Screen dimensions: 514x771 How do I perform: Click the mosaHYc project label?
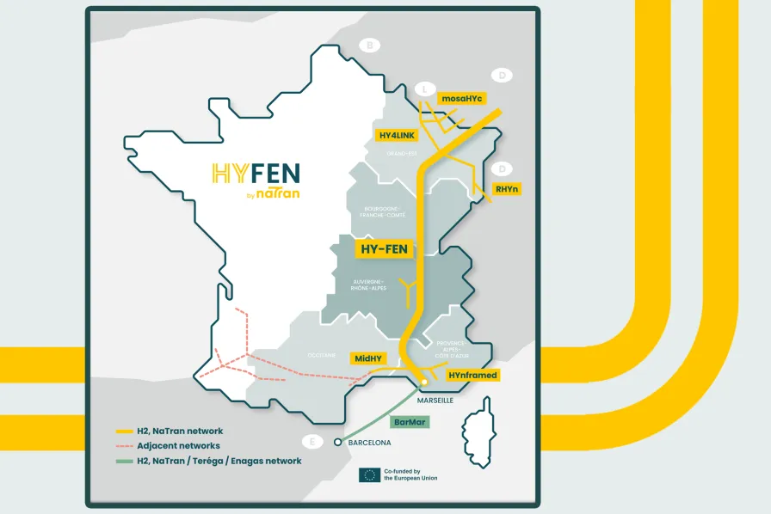pos(462,99)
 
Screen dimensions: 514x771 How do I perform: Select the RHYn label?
pos(507,188)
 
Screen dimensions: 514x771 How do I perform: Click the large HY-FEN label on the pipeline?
pos(385,248)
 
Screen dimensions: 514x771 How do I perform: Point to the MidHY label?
pos(370,358)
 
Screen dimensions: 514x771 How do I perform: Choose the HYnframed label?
pos(472,375)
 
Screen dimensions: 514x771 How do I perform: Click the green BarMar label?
pos(409,422)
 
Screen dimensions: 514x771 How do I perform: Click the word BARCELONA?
pos(368,443)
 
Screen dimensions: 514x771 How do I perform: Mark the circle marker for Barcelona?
pos(337,443)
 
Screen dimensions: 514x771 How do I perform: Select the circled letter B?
pos(370,46)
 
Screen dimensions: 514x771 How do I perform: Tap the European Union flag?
pos(368,474)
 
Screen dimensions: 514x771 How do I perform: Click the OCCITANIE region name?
pos(321,354)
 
